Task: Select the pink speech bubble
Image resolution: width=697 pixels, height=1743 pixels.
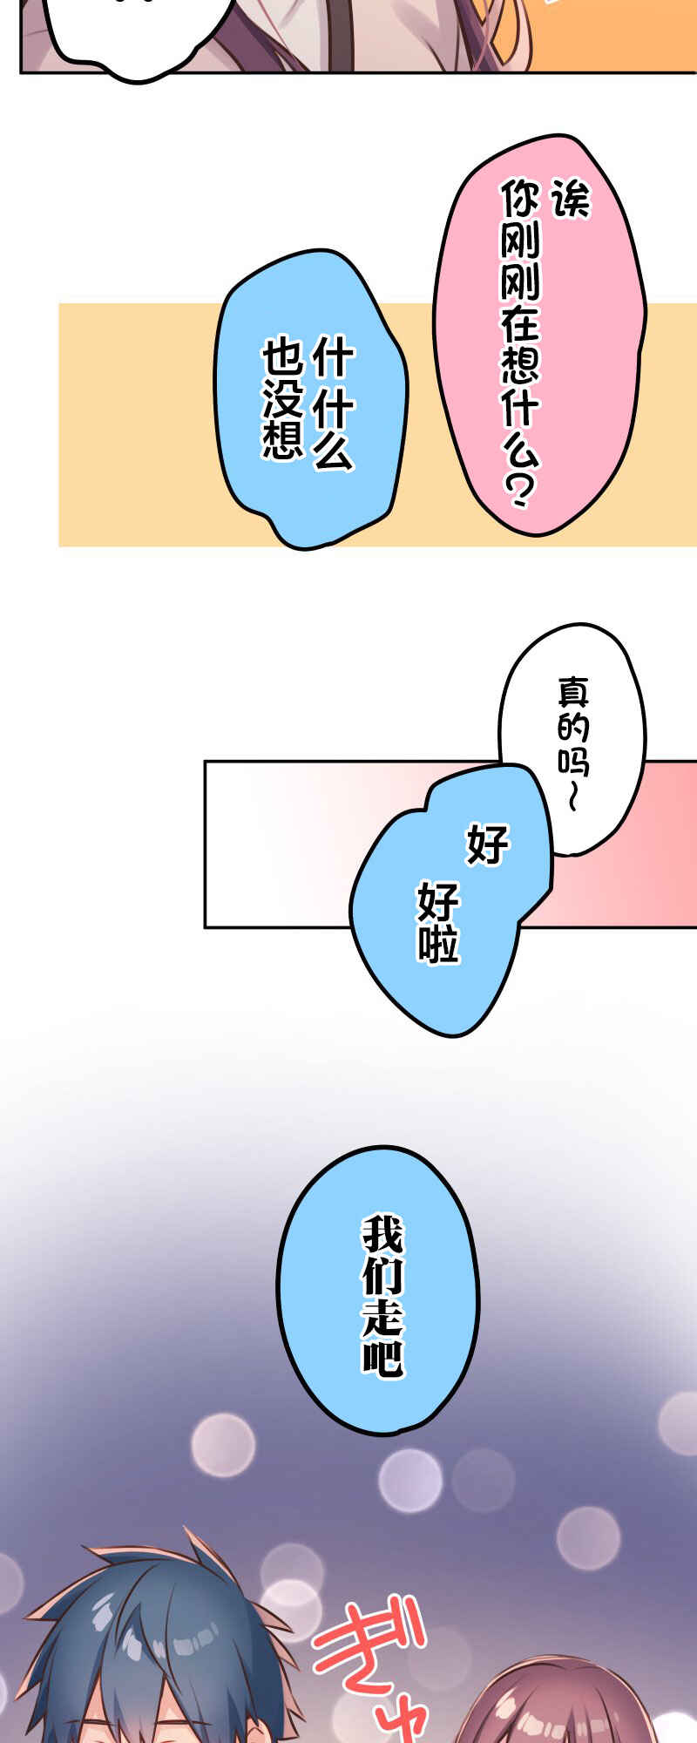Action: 539,336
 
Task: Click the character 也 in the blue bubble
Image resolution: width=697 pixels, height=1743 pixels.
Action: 282,359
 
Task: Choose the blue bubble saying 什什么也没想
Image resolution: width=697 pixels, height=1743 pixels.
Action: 310,399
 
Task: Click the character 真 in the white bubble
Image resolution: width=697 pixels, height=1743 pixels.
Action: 573,694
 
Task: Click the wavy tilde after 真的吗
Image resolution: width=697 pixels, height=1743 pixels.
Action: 572,797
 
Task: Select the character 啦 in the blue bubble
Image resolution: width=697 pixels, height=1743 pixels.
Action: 438,944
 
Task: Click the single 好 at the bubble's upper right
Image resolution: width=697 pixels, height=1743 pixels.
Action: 488,844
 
